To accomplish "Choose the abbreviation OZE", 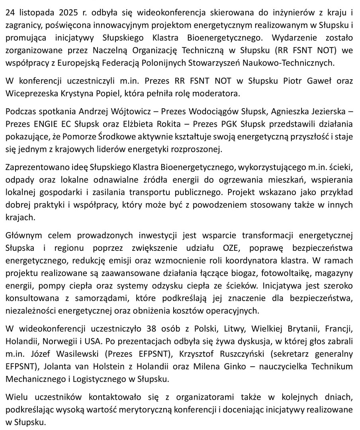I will pos(227,248).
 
